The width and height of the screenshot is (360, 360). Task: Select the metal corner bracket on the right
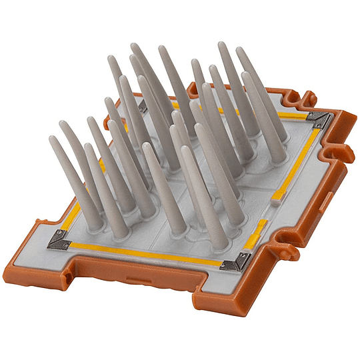319,121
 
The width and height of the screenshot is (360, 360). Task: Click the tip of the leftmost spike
52,139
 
